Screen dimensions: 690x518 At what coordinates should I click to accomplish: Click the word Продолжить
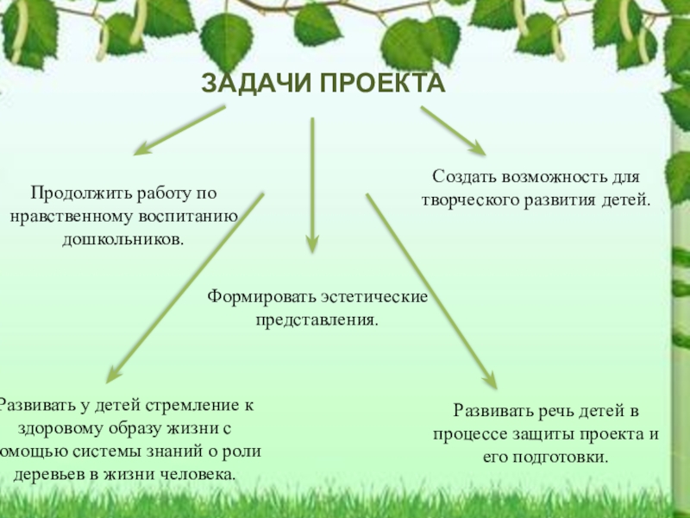coord(75,193)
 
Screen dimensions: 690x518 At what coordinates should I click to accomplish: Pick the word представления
coord(316,319)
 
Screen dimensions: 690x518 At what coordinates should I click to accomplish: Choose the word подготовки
coord(561,457)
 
